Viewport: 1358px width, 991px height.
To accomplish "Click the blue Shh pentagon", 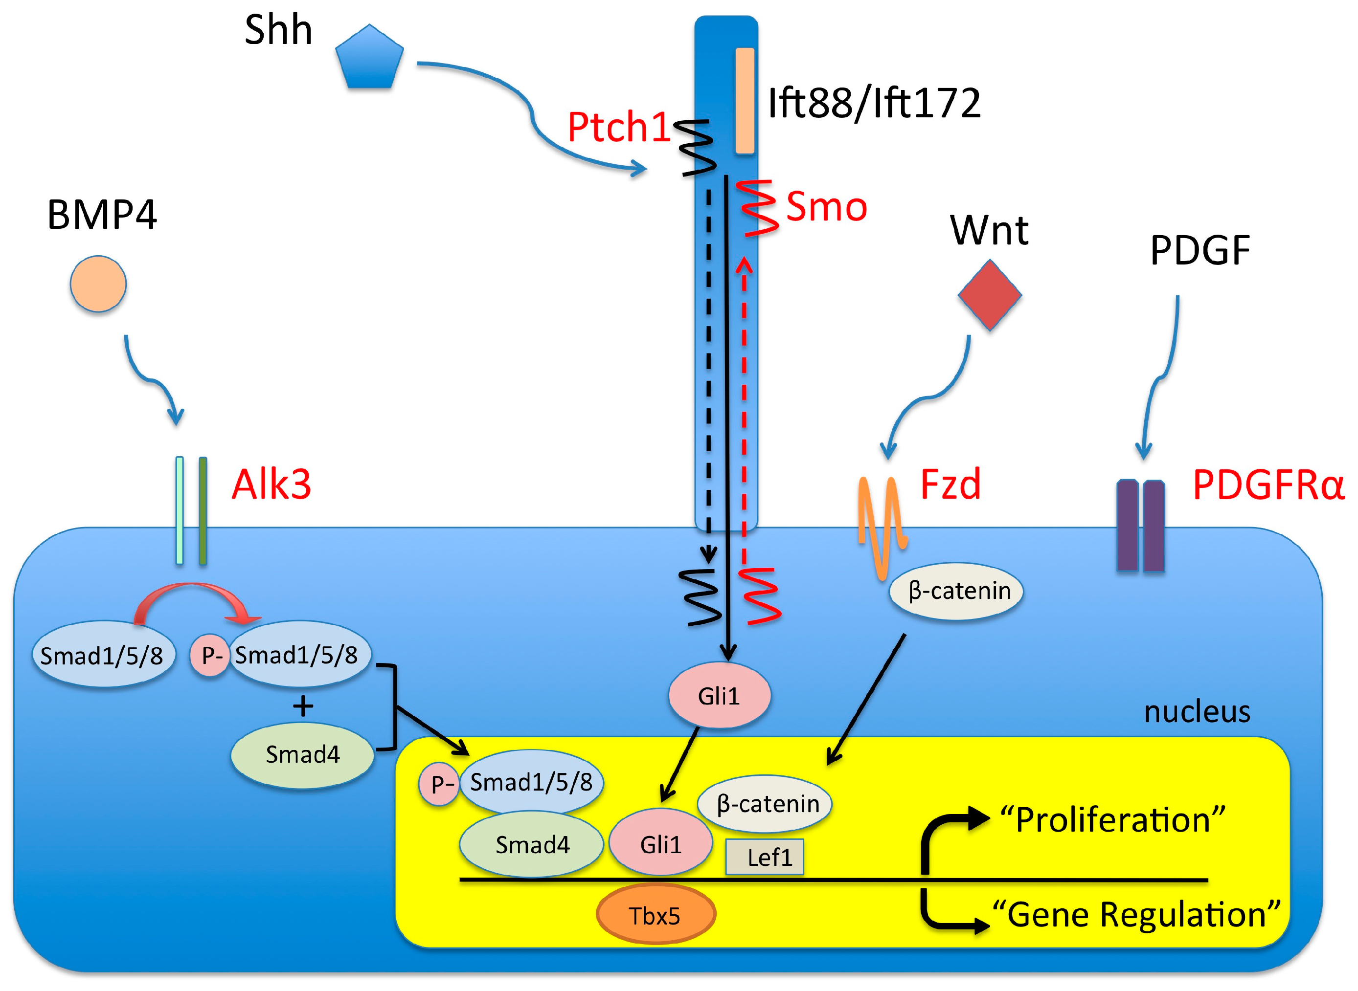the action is pos(369,57).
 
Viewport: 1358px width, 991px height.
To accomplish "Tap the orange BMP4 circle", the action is pos(98,284).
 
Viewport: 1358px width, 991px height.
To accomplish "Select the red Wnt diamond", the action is pos(990,294).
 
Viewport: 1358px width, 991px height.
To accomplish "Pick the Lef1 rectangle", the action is pos(765,857).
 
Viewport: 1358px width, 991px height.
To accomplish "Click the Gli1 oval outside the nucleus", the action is pos(720,695).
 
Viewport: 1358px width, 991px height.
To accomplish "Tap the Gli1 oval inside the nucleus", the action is pos(661,842).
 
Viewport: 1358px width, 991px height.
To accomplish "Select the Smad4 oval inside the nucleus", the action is pos(532,844).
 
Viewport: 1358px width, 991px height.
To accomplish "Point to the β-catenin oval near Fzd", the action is pos(956,592).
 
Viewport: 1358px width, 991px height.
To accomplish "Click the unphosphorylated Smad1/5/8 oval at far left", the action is pos(103,654).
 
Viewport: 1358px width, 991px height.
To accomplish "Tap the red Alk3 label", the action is pos(271,484).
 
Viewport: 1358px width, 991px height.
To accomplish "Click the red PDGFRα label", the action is pos(1268,484).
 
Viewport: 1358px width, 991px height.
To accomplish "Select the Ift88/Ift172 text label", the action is pos(874,103).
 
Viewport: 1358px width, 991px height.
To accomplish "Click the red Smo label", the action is pos(826,206).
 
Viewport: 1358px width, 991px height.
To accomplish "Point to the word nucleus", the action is pos(1197,712).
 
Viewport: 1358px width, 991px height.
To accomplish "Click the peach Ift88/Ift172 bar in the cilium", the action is pos(745,101).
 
